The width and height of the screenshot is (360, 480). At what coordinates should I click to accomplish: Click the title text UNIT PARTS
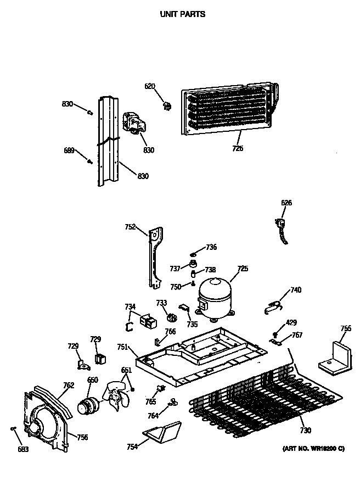(x=183, y=14)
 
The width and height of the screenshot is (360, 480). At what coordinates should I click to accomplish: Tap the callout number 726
(x=238, y=148)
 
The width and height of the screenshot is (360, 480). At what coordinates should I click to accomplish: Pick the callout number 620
(x=150, y=86)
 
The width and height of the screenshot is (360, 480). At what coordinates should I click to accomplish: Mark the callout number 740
(x=296, y=290)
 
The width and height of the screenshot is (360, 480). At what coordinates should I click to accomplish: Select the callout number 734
(x=130, y=307)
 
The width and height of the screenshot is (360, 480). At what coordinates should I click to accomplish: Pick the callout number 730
(x=305, y=431)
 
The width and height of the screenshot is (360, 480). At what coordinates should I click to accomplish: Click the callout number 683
(x=23, y=450)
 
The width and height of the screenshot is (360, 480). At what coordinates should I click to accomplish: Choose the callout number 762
(x=68, y=386)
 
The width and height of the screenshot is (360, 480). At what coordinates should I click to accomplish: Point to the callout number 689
(x=69, y=150)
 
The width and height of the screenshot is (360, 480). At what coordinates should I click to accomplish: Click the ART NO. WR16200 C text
(x=313, y=449)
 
